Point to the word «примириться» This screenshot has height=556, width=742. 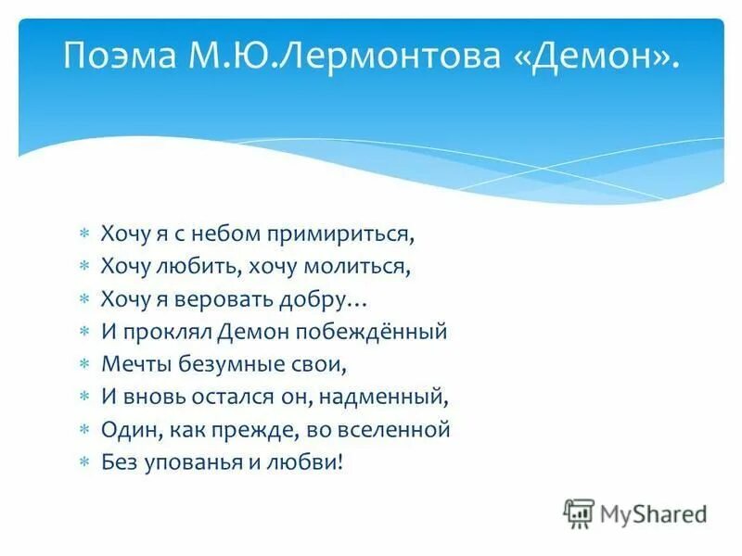click(341, 234)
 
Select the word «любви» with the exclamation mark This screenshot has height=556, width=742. click(312, 461)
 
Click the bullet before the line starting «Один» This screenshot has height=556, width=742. click(83, 429)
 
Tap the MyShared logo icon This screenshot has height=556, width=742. click(580, 512)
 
